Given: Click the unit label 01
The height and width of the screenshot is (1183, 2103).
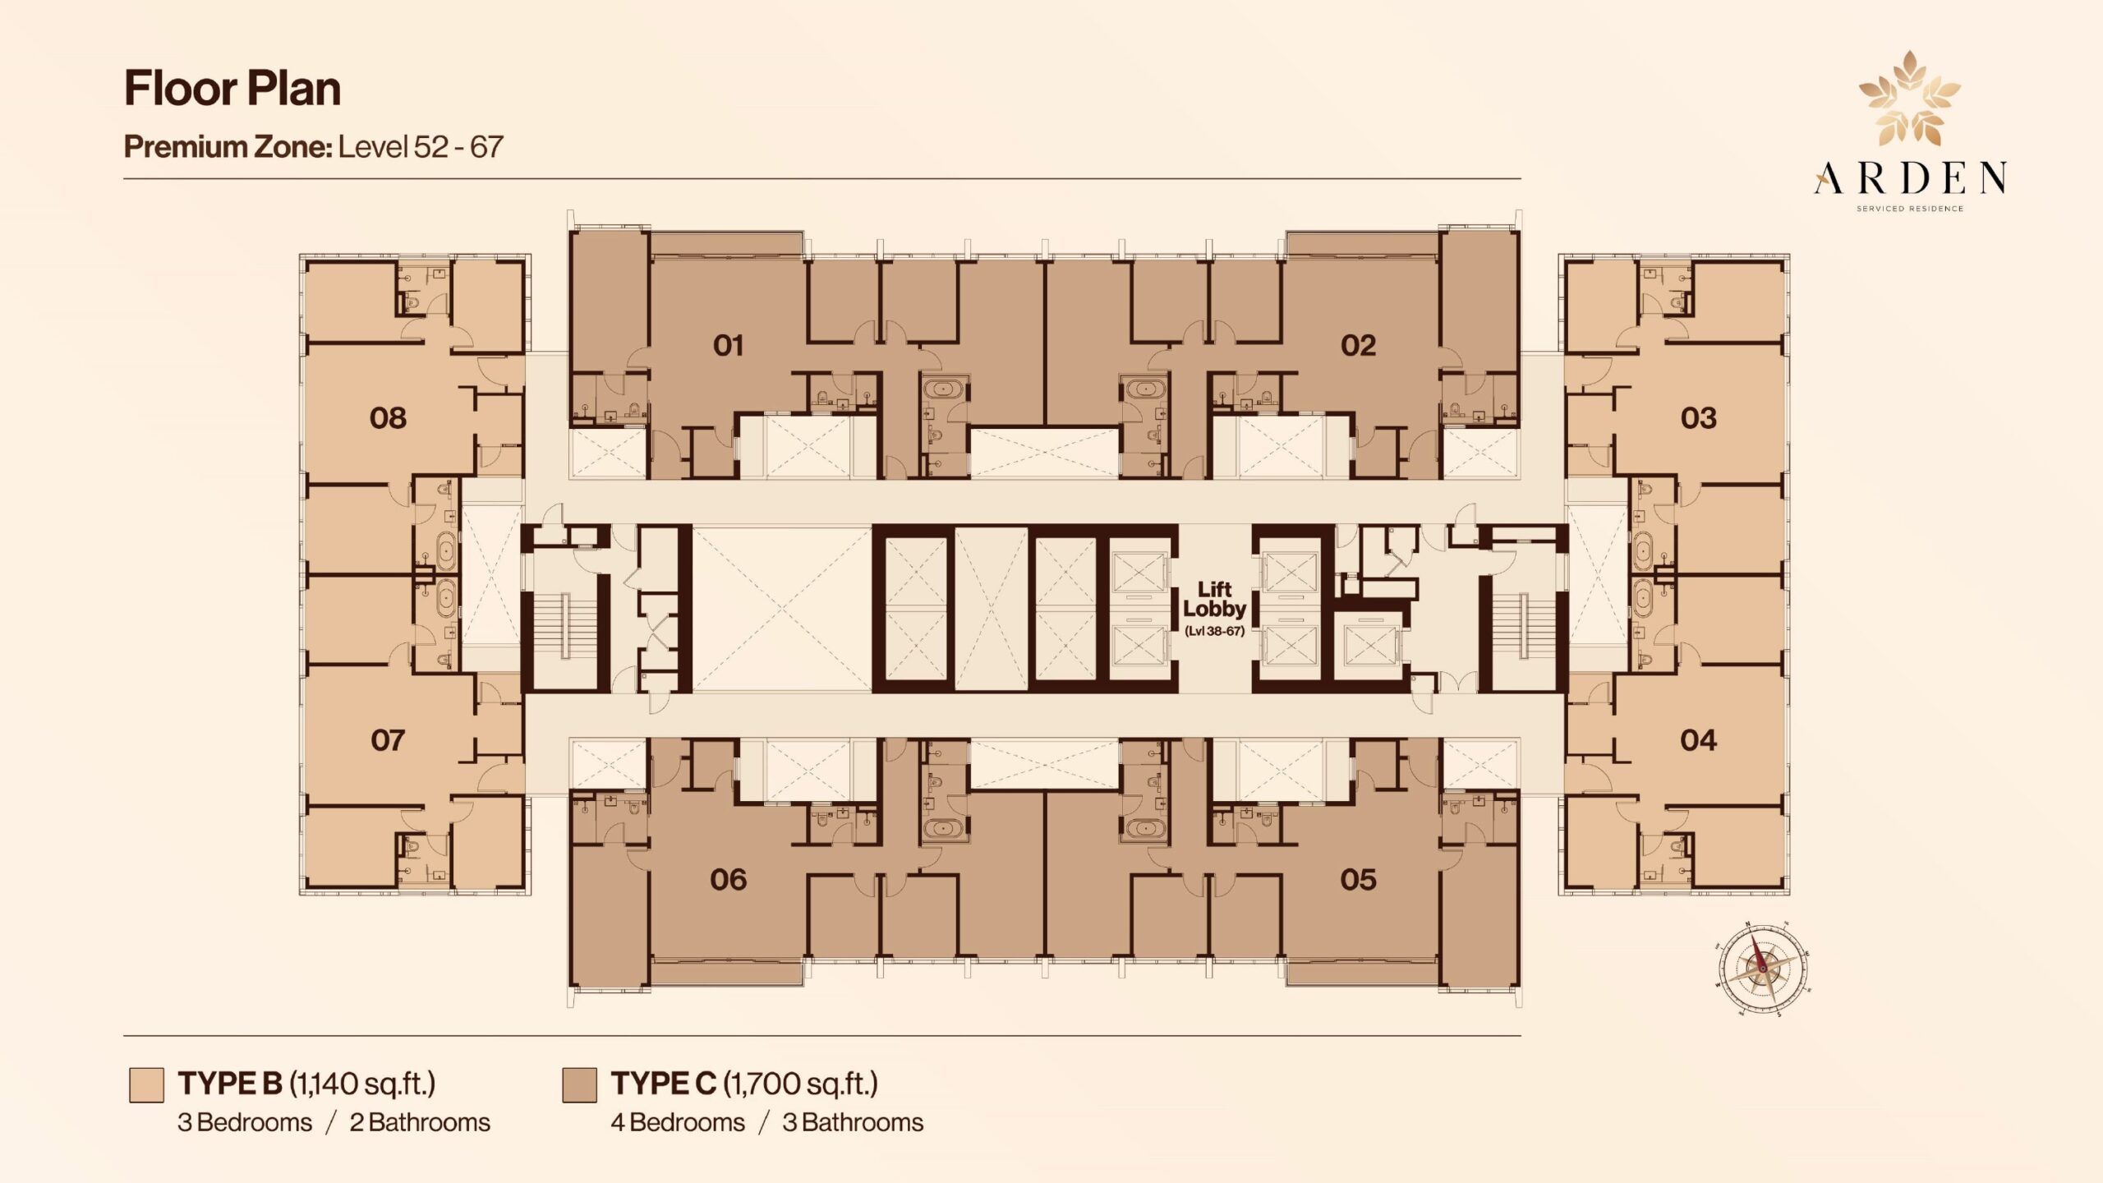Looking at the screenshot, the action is pos(729,346).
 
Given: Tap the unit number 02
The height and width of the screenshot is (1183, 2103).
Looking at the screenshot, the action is pos(1358,346).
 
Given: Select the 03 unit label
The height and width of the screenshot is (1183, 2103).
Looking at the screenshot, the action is pos(1698,418).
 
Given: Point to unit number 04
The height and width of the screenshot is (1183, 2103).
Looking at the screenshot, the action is pos(1698,740).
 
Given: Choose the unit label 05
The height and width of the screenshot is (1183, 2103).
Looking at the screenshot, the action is pos(1358,880).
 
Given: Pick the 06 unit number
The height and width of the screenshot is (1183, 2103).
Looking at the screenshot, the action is pos(729,880).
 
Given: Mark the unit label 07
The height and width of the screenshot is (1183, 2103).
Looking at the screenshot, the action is pos(388,740).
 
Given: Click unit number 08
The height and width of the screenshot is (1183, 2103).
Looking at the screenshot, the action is pos(388,418).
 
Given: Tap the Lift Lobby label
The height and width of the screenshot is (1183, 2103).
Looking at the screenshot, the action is pos(1214,600).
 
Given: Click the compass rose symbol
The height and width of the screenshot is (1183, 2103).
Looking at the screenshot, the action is pos(1762,969).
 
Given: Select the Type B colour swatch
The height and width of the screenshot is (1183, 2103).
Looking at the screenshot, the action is pos(146,1084).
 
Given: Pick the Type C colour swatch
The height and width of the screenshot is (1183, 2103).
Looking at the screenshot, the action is pos(579,1084).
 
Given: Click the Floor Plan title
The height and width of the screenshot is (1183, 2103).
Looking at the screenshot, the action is pos(232,89).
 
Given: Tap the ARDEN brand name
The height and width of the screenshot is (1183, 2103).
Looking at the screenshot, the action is pos(1910,178).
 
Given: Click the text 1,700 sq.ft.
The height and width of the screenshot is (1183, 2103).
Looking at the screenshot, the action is pos(801,1084).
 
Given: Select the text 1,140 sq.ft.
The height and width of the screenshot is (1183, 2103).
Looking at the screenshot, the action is pos(362,1084).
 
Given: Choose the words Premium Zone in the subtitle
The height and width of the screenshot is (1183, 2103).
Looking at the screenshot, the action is pos(228,147).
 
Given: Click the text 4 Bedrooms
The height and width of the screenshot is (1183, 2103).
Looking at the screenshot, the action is pos(678,1122).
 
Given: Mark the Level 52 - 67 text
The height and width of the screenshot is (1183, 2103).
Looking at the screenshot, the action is pos(421,147).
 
